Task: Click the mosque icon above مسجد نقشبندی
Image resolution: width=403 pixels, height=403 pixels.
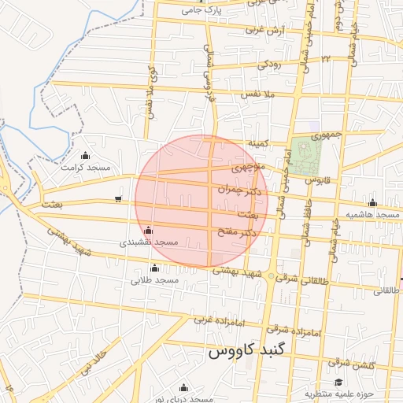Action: pos(149,230)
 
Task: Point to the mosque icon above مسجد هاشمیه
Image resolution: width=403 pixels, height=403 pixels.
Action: pos(372,202)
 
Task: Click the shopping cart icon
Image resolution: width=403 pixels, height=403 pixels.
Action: pos(118,199)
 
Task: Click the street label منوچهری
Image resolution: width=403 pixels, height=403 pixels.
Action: pos(250,168)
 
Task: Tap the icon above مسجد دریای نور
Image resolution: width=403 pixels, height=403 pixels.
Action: pos(183,386)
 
